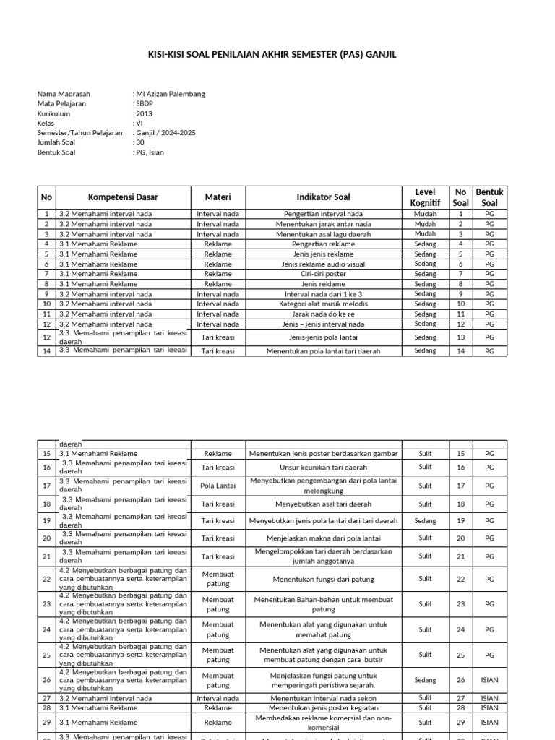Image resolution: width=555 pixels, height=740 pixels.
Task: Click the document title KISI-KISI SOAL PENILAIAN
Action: click(x=277, y=55)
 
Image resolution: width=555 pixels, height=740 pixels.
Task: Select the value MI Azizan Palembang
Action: click(x=171, y=94)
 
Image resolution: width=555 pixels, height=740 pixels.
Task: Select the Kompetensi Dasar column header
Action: click(x=123, y=197)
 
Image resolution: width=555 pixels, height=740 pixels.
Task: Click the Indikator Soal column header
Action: click(x=323, y=197)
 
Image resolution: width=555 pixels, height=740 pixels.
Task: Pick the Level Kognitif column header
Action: click(x=425, y=197)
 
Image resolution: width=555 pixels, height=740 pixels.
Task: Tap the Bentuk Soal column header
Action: click(x=489, y=197)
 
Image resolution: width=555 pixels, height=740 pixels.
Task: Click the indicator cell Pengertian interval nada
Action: click(x=323, y=214)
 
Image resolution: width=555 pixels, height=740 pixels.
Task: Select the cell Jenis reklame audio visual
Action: click(x=323, y=264)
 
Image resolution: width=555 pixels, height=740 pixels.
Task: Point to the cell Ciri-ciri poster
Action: click(x=323, y=275)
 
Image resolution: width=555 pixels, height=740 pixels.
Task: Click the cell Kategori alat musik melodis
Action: click(x=323, y=304)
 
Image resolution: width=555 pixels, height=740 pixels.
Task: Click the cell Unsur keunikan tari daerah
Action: click(x=323, y=468)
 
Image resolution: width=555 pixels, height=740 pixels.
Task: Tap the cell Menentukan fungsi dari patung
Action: click(x=323, y=579)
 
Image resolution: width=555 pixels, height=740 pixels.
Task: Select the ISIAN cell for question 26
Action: click(x=489, y=680)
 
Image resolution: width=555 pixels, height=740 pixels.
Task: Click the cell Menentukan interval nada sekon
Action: click(x=323, y=698)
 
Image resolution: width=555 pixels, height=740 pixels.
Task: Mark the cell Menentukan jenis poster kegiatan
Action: click(x=323, y=708)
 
